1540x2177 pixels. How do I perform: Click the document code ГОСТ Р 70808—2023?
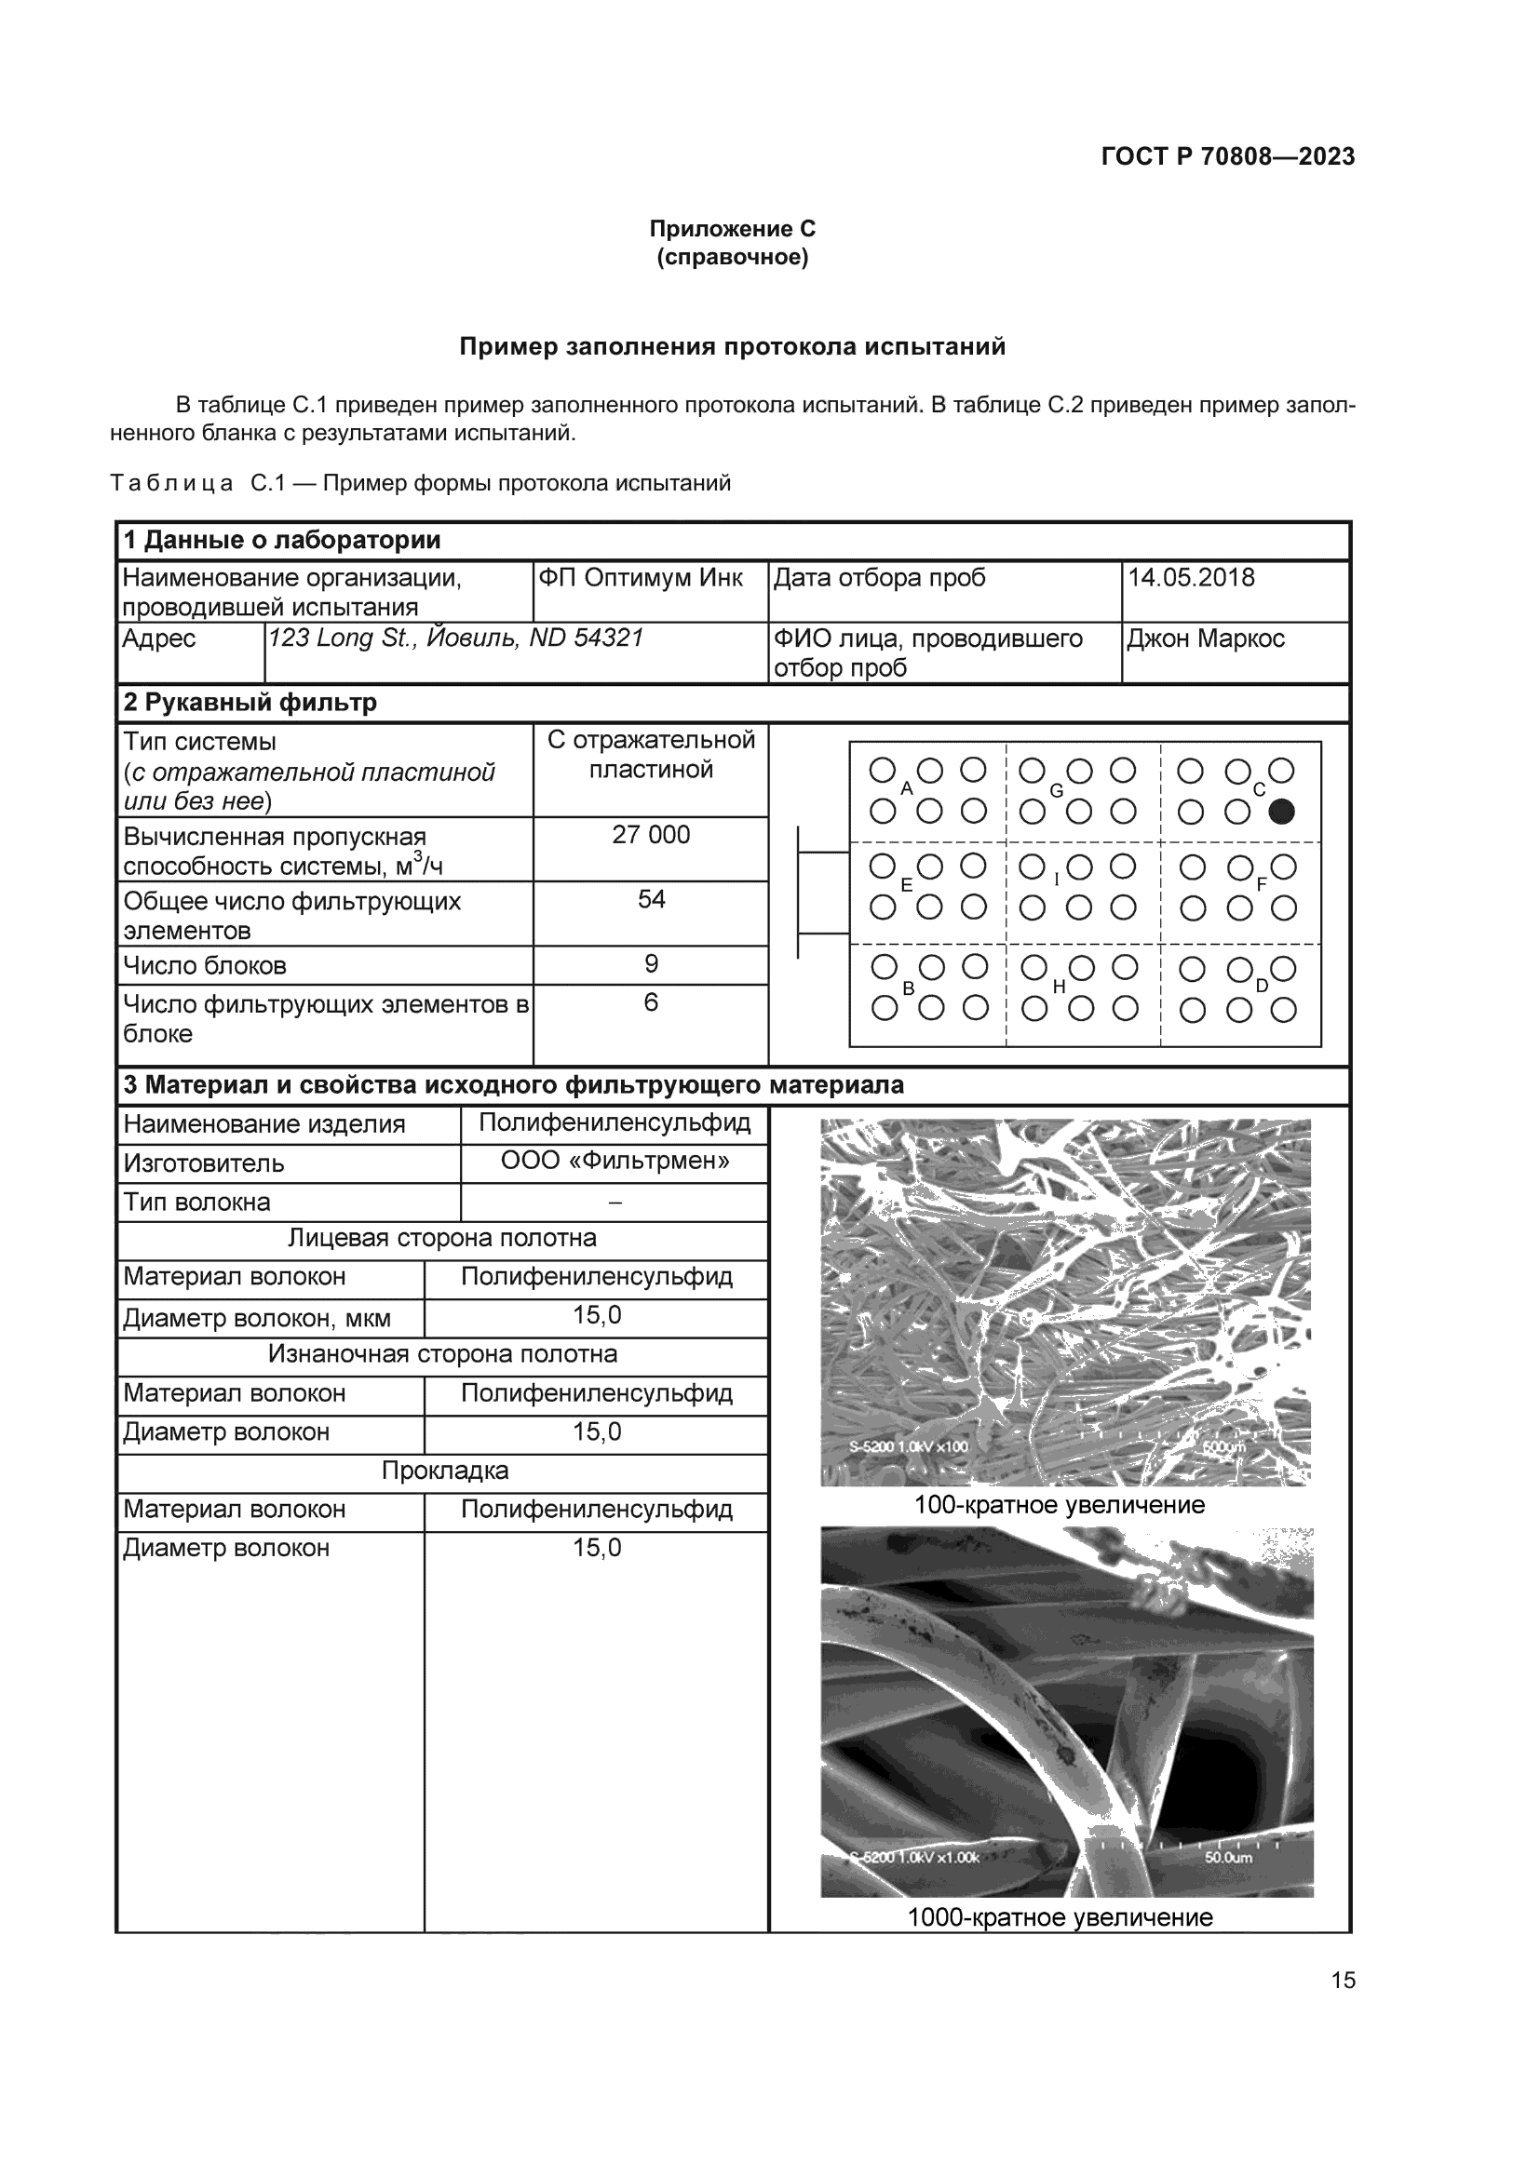(x=1227, y=156)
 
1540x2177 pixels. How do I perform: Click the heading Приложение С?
(x=732, y=229)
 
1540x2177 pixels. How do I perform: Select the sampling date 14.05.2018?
(x=1190, y=577)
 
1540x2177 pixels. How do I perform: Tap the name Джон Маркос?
(x=1205, y=638)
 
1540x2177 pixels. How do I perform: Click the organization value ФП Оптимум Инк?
(x=640, y=577)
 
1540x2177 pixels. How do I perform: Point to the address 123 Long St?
(x=328, y=638)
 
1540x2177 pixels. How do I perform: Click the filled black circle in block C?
(x=1281, y=812)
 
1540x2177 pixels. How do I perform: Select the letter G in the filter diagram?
(x=1056, y=791)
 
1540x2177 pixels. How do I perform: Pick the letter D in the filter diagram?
(x=1262, y=986)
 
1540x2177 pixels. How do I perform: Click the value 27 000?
(x=651, y=834)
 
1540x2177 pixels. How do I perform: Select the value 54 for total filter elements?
(x=651, y=899)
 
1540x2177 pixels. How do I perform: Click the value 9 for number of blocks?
(x=651, y=963)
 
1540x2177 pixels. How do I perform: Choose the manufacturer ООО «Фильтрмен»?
(x=615, y=1161)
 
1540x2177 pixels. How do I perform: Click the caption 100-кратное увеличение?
(x=1060, y=1505)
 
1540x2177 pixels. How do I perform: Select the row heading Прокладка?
(x=445, y=1471)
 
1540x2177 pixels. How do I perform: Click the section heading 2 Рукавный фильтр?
(x=250, y=703)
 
